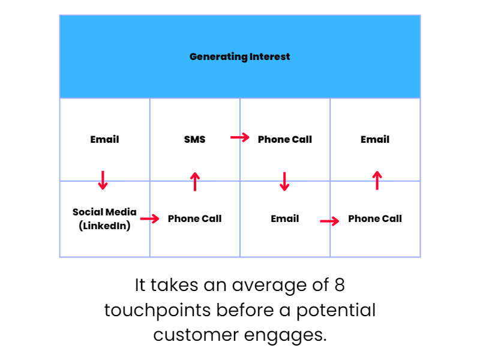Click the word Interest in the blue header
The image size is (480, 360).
click(269, 56)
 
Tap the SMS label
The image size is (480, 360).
click(194, 139)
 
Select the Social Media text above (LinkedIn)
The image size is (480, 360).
click(104, 212)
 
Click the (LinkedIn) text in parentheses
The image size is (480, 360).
click(104, 226)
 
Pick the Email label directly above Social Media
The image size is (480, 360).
click(104, 139)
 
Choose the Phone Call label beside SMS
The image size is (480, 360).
click(284, 139)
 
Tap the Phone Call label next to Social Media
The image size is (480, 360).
click(194, 218)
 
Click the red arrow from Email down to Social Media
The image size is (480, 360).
click(103, 181)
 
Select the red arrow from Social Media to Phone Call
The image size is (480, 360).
click(149, 218)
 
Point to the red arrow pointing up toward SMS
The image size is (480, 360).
click(195, 182)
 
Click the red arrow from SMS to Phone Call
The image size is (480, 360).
click(240, 137)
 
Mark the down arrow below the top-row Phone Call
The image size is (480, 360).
click(284, 182)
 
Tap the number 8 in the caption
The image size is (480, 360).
click(340, 285)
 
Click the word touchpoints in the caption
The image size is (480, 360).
click(157, 310)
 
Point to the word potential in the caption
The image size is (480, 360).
click(336, 310)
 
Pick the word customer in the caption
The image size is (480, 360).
click(196, 335)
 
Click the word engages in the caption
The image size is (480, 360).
click(286, 336)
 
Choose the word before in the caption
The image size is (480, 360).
click(245, 310)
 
